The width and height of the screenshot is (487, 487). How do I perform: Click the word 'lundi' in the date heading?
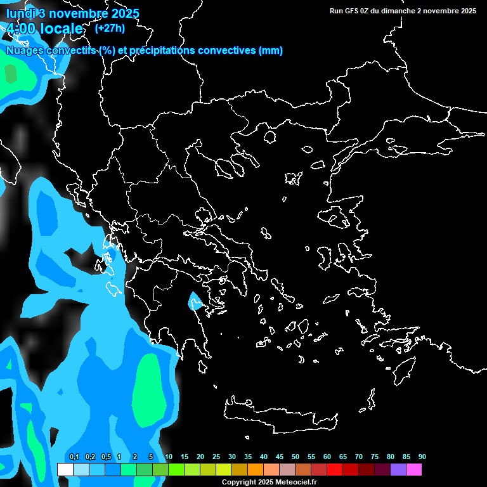click(20, 13)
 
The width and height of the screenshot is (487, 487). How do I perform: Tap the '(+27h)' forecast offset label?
click(110, 28)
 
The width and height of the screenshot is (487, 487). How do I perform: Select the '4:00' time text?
click(22, 29)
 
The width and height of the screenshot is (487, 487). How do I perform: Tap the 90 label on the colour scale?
click(422, 457)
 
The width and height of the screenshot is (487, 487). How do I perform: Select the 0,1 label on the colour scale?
click(74, 457)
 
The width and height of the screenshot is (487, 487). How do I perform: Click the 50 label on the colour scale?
click(295, 457)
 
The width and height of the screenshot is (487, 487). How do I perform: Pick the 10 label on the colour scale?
click(169, 457)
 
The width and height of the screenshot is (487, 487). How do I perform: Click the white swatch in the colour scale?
click(65, 469)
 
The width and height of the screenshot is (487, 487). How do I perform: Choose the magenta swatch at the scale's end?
click(414, 469)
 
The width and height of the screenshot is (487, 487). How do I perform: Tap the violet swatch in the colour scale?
click(398, 469)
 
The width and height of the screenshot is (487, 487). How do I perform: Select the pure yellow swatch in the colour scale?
click(223, 469)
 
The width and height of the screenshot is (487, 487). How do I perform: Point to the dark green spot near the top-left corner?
click(10, 74)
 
